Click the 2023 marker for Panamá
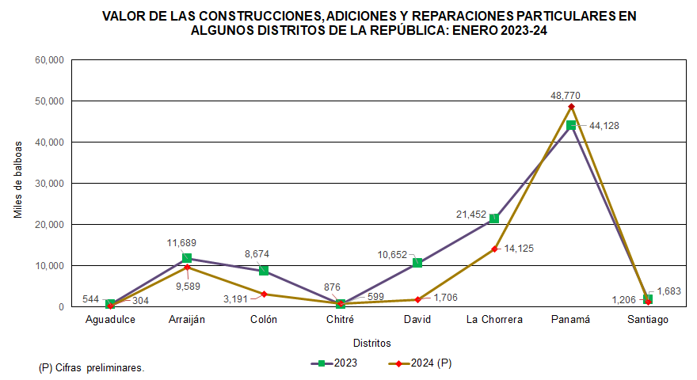pos(571,125)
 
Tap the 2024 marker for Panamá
pos(571,106)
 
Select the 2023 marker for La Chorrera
pos(494,218)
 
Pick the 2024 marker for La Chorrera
pos(494,249)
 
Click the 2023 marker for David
pos(417,263)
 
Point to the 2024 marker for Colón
pos(264,294)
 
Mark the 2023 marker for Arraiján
pos(187,258)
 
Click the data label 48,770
pos(571,95)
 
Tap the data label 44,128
pos(604,125)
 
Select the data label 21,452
pos(470,214)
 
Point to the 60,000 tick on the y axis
pos(49,60)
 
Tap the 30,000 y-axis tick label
pos(49,183)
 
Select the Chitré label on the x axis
pos(341,320)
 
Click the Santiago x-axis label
pos(648,320)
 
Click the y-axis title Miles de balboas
pos(18,183)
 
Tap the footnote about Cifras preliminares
pos(92,368)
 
